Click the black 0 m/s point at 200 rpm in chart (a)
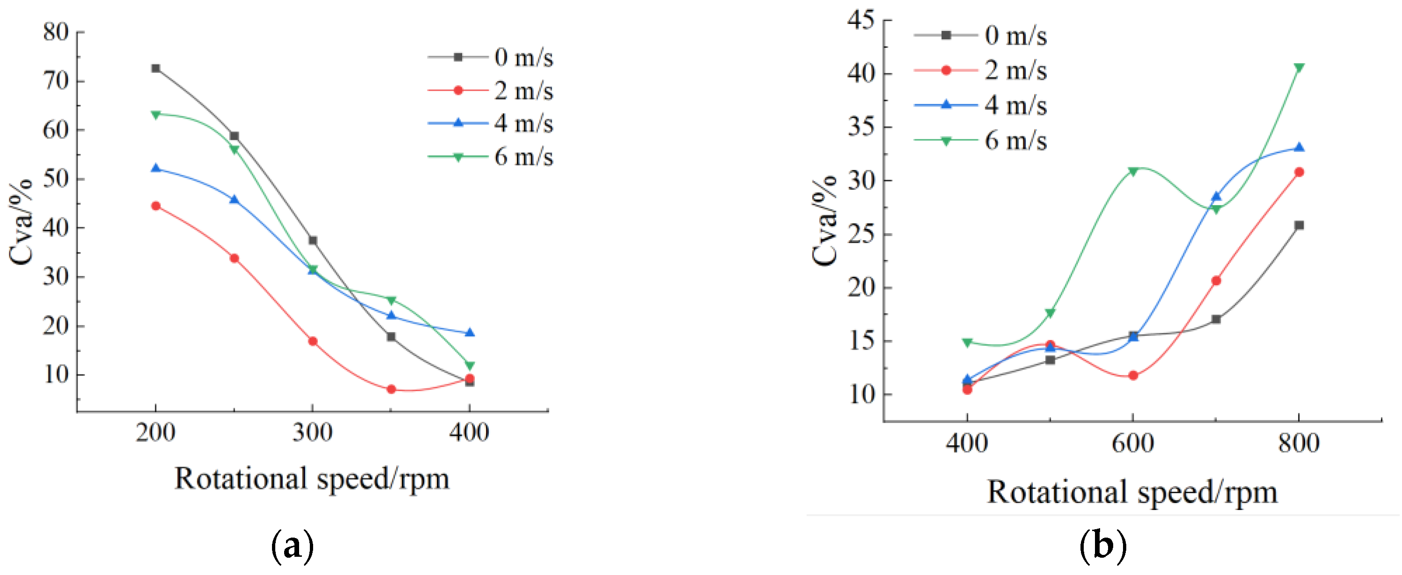pos(156,68)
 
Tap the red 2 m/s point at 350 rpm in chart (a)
pos(391,389)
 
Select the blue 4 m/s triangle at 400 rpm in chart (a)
pos(470,333)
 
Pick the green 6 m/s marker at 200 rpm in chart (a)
pos(156,115)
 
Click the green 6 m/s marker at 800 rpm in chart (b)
pos(1299,67)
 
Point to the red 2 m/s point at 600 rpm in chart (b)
pos(1133,376)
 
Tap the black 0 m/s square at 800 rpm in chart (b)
pos(1299,225)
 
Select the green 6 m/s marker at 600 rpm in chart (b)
pos(1133,172)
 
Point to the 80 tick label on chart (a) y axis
pos(56,32)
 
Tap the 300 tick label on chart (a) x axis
pos(312,433)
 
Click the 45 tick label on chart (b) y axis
pos(860,20)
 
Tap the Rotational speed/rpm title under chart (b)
pos(1131,492)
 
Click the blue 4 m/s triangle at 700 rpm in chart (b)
pos(1216,196)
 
